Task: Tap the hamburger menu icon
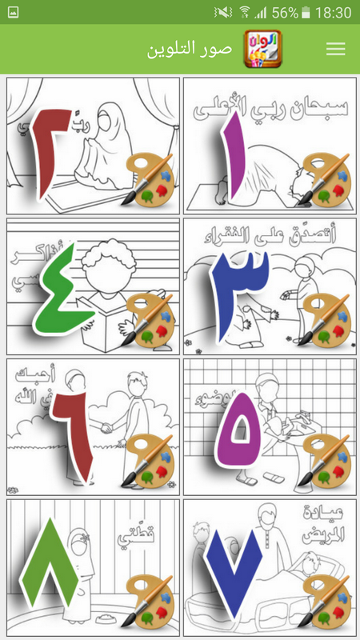tap(336, 49)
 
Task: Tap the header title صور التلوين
tap(190, 49)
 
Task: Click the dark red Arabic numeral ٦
tap(73, 436)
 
